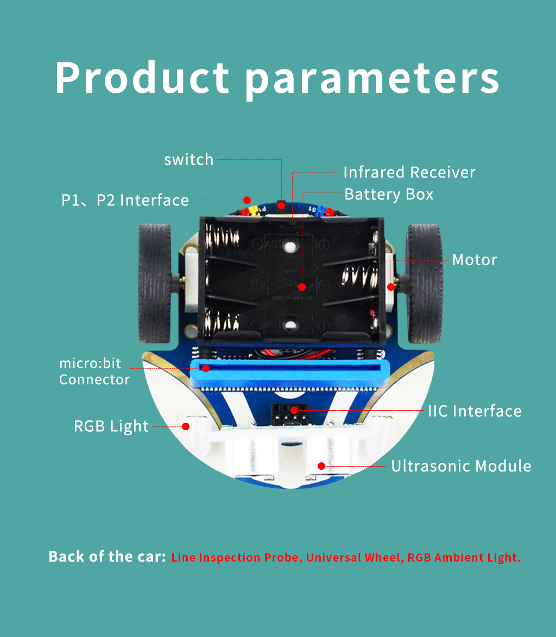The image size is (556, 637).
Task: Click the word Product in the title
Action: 142,78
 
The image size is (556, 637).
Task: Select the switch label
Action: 188,160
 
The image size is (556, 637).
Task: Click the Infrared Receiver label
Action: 409,172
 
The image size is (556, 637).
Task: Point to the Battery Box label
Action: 389,195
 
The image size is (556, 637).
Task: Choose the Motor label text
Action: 475,259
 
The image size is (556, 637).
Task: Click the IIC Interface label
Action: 475,411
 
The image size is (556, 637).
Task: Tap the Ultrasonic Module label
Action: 461,466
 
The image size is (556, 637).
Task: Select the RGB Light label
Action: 111,426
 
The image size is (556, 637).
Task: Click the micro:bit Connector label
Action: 94,371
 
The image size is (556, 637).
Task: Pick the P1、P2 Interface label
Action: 125,200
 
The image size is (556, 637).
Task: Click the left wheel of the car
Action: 155,284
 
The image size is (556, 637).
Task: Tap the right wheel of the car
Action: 424,284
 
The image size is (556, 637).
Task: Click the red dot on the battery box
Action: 301,287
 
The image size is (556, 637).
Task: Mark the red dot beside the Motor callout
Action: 391,287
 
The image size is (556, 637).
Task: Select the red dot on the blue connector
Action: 206,368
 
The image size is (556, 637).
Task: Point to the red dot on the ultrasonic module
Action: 321,466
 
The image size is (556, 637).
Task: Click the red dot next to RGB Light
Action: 185,426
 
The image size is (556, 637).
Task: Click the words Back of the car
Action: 108,557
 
